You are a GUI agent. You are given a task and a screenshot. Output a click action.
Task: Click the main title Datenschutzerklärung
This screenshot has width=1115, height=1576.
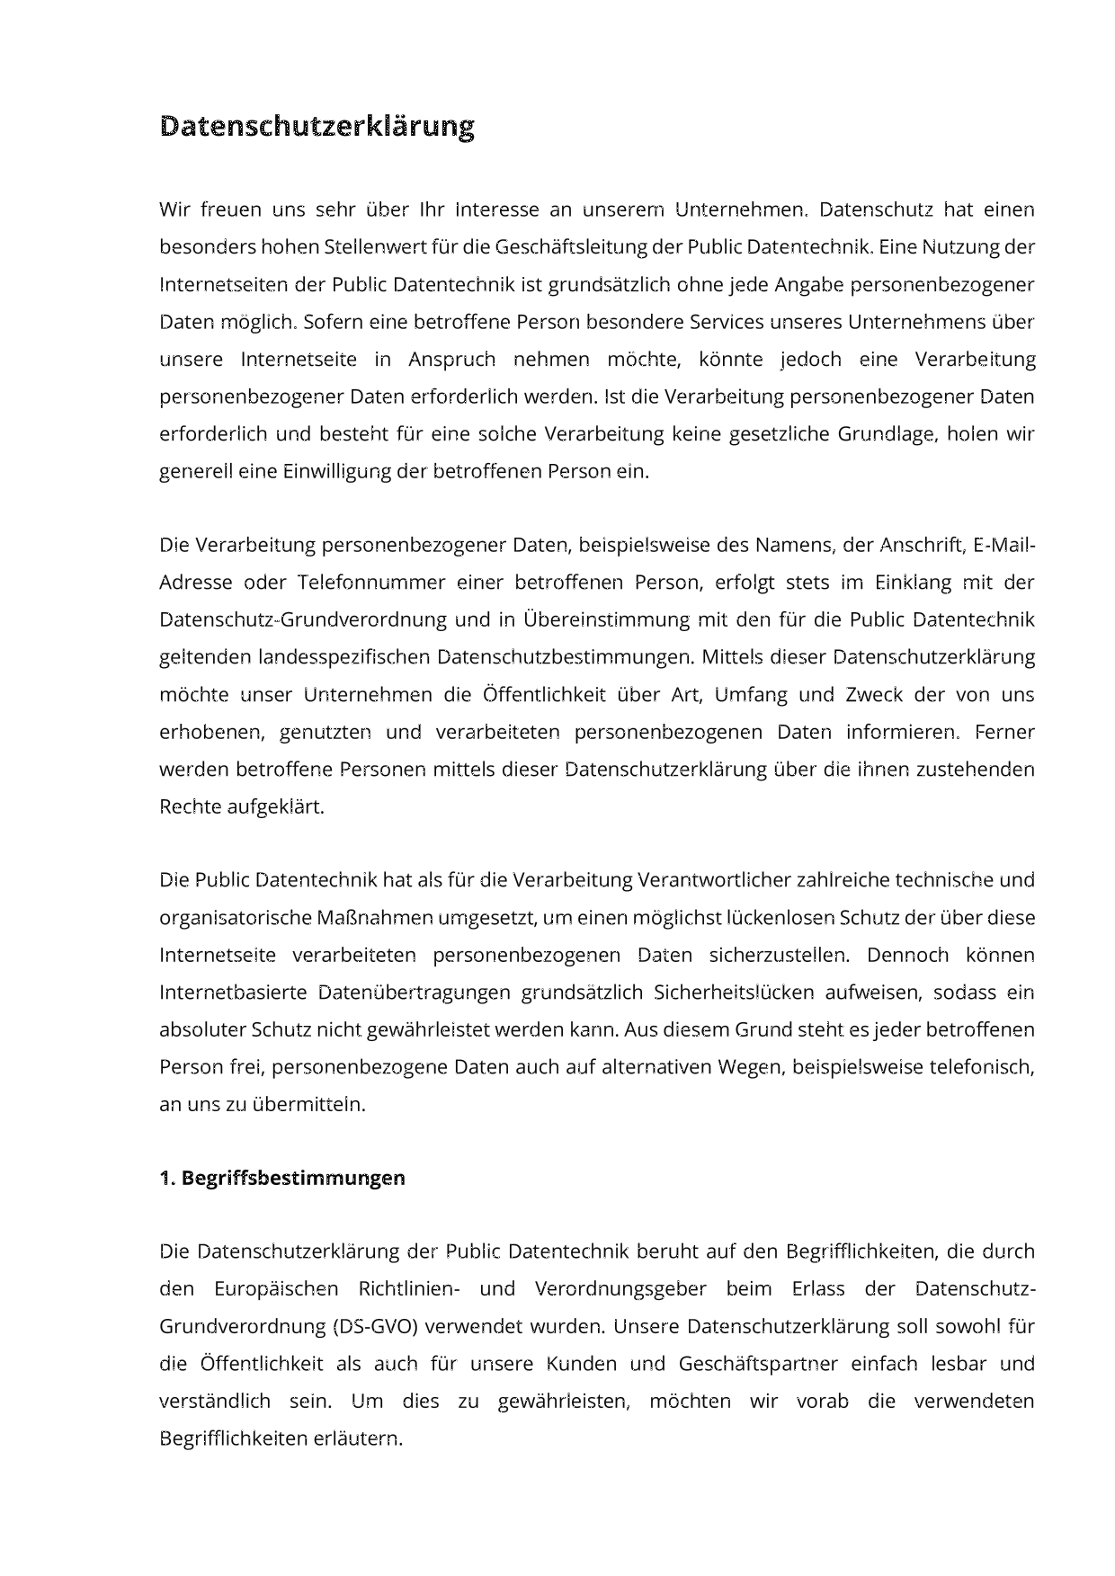coord(317,127)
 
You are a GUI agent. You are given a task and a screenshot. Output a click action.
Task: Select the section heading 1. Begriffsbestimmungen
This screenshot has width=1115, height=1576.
coord(282,1178)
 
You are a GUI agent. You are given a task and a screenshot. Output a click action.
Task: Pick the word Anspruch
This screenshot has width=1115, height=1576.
coord(451,360)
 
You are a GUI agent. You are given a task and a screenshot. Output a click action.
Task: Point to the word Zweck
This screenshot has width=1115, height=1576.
coord(864,695)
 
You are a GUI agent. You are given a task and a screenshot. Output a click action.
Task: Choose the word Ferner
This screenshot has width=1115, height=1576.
coord(1004,732)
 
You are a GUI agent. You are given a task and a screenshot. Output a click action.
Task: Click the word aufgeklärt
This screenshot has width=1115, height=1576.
coord(279,806)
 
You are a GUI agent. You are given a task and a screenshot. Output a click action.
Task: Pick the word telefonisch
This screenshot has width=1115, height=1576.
coord(981,1067)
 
